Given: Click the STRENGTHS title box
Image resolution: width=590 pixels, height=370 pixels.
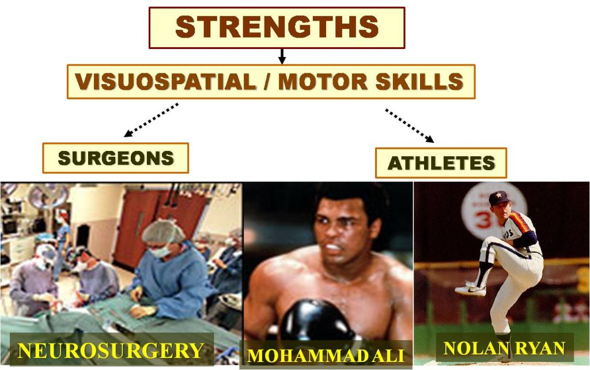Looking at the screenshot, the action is (277, 28).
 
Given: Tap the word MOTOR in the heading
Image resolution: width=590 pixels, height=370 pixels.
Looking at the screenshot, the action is (323, 81).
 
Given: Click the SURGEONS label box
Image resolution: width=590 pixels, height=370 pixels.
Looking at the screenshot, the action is (115, 158).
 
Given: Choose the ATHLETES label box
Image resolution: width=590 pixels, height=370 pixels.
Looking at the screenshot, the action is (441, 163).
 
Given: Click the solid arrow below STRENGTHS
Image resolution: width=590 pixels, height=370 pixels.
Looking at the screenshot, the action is (282, 56).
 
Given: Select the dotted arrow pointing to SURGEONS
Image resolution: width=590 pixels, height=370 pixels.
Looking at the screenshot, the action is (151, 120).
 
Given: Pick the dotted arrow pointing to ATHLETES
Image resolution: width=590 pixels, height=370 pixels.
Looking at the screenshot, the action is (410, 126).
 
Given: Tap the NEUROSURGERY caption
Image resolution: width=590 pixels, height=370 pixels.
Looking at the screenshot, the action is (111, 350).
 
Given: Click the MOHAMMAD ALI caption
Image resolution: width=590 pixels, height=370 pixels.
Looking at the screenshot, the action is (326, 356).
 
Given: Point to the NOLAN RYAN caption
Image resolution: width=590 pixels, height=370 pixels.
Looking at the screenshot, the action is (504, 348).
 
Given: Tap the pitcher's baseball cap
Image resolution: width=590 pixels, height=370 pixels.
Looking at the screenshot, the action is (498, 198).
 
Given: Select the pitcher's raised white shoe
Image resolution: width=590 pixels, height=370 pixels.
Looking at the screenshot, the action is (470, 289).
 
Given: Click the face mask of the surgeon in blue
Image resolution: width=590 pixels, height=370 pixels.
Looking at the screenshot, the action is (161, 251).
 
